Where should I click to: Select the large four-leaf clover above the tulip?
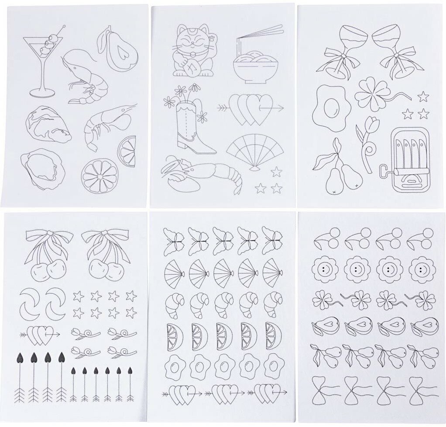click(372, 94)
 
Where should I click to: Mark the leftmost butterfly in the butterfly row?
click(173, 241)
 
